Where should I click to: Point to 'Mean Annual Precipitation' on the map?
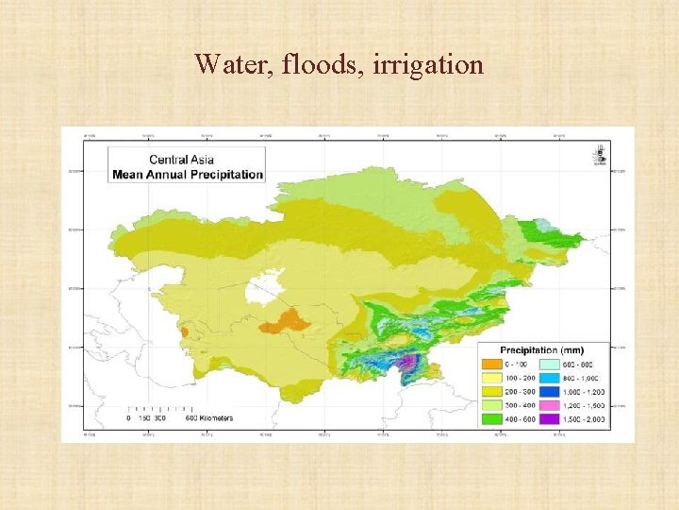pos(187,174)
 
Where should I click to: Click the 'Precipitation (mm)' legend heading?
pos(547,349)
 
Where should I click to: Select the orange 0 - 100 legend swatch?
pos(491,364)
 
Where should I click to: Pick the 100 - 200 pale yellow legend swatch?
pos(491,377)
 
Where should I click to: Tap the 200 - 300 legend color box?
pos(491,391)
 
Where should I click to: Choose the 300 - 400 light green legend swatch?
pos(491,404)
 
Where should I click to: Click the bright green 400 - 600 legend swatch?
pos(491,418)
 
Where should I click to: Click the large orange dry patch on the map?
pos(286,321)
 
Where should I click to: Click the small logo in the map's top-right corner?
pos(600,152)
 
